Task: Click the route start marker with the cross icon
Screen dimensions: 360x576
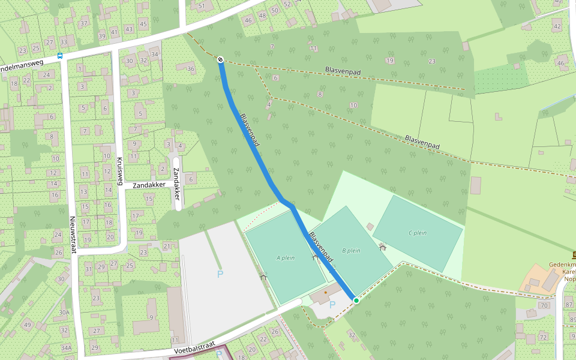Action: pos(221,59)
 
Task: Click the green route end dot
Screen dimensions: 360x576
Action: pos(356,300)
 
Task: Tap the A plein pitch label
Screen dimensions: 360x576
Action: pos(286,258)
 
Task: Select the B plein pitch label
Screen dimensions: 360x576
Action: pos(351,250)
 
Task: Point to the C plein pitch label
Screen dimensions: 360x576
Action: pos(417,233)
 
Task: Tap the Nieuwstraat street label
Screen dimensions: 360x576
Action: pos(73,234)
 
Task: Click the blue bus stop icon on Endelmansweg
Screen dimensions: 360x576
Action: pos(59,56)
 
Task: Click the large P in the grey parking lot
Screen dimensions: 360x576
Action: pos(220,274)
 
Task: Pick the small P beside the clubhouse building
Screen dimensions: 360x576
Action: pos(332,305)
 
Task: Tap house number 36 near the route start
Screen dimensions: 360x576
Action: pos(191,68)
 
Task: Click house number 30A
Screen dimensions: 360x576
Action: pos(64,313)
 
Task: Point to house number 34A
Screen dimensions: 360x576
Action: pos(66,347)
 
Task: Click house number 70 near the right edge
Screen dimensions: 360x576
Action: pos(544,305)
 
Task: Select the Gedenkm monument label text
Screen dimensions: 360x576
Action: pos(562,265)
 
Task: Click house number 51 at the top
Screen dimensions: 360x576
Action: pos(202,6)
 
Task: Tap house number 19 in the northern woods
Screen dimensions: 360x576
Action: pos(390,61)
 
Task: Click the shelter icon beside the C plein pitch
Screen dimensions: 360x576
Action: pos(382,246)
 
